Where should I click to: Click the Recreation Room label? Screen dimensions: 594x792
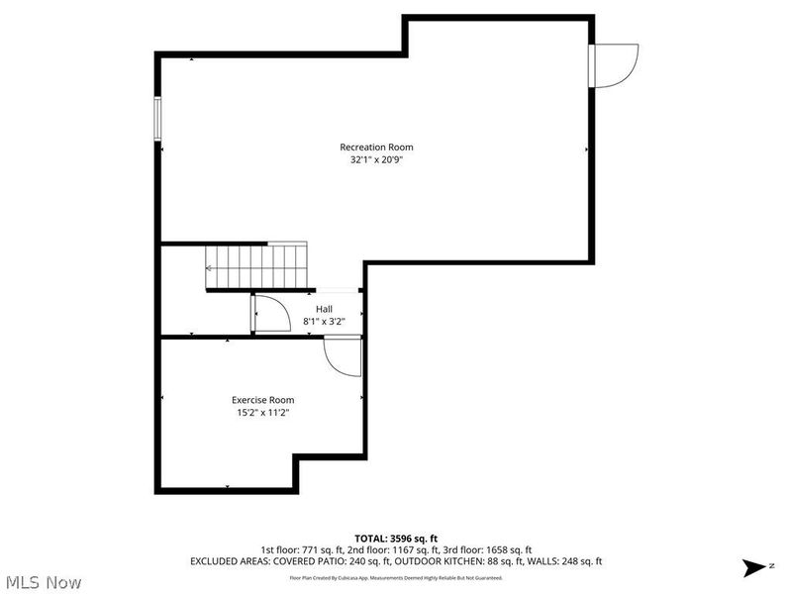[x=376, y=148]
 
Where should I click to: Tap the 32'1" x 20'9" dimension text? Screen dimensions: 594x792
[x=376, y=159]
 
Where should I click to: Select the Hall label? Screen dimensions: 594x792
[x=325, y=309]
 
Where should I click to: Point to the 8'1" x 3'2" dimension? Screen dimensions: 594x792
[x=325, y=321]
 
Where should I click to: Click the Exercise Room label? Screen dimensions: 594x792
[x=256, y=400]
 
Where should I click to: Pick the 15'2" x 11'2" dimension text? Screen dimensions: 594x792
[x=256, y=412]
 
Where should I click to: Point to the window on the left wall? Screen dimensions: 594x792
[x=156, y=118]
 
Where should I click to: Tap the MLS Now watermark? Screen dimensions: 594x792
[x=44, y=582]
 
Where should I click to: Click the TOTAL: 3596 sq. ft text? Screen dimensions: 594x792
[x=396, y=538]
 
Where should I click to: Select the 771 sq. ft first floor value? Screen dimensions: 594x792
[x=320, y=549]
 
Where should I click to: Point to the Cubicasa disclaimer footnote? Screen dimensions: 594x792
[x=396, y=577]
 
